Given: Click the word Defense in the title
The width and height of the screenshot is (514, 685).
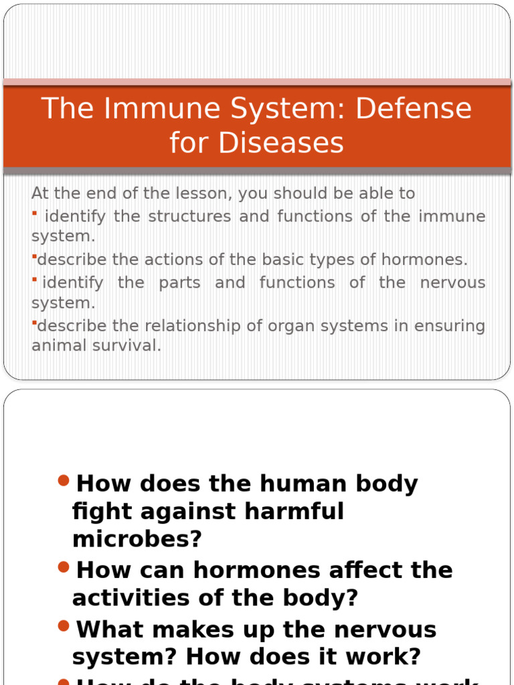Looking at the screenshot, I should [413, 108].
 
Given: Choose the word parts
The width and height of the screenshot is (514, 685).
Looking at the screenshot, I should [179, 282].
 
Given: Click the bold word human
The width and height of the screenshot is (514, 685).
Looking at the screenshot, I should [303, 484].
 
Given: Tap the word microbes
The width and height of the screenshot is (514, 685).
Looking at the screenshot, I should [137, 539].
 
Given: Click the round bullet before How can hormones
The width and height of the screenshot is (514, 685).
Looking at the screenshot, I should [64, 567].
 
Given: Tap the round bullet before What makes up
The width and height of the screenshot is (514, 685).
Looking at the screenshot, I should [64, 626].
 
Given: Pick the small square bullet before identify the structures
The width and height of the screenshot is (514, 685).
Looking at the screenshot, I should [34, 213].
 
